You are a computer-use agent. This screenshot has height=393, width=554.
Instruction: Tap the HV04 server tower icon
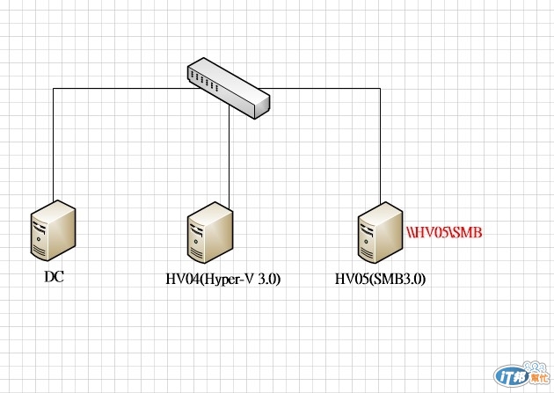coord(211,234)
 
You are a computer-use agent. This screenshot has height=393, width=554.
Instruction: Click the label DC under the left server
coord(55,277)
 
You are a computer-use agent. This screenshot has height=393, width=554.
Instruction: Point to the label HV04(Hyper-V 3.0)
coord(223,280)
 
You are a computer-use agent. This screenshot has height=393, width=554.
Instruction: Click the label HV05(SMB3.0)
coord(386,280)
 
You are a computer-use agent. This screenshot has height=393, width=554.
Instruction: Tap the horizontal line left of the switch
coord(123,88)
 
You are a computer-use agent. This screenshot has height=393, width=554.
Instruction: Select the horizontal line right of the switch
coord(325,89)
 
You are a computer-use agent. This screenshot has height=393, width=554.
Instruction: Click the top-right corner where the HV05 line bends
coord(380,89)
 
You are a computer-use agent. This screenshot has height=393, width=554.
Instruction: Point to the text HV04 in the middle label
coord(182,280)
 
